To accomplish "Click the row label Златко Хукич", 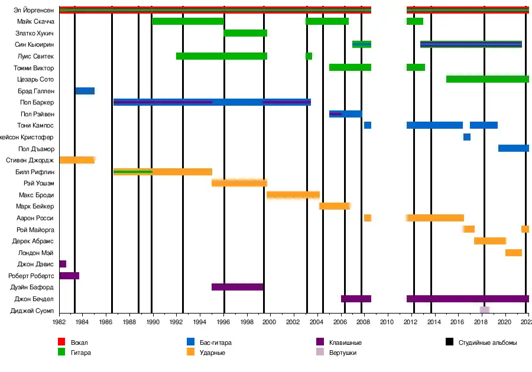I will tap(35, 33).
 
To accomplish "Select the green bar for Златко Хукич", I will tap(245, 33).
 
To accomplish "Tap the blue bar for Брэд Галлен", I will tap(85, 91).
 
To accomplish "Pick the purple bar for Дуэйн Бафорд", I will tap(238, 287).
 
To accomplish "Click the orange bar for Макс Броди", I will tap(293, 195).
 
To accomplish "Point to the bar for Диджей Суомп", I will tap(485, 310).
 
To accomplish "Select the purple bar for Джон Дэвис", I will tap(63, 264).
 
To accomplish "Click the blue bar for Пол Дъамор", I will tap(513, 148).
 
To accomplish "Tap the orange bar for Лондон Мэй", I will tap(514, 253).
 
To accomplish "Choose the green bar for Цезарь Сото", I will tap(488, 79).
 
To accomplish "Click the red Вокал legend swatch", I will tap(60, 342).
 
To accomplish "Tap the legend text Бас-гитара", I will tap(216, 342).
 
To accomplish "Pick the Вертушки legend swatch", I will tap(321, 353).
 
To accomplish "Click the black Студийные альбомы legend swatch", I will tap(450, 342).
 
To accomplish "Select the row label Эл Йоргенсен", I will tap(34, 10).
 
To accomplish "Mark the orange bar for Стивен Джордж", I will tap(77, 160).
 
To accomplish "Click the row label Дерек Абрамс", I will tap(33, 241).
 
